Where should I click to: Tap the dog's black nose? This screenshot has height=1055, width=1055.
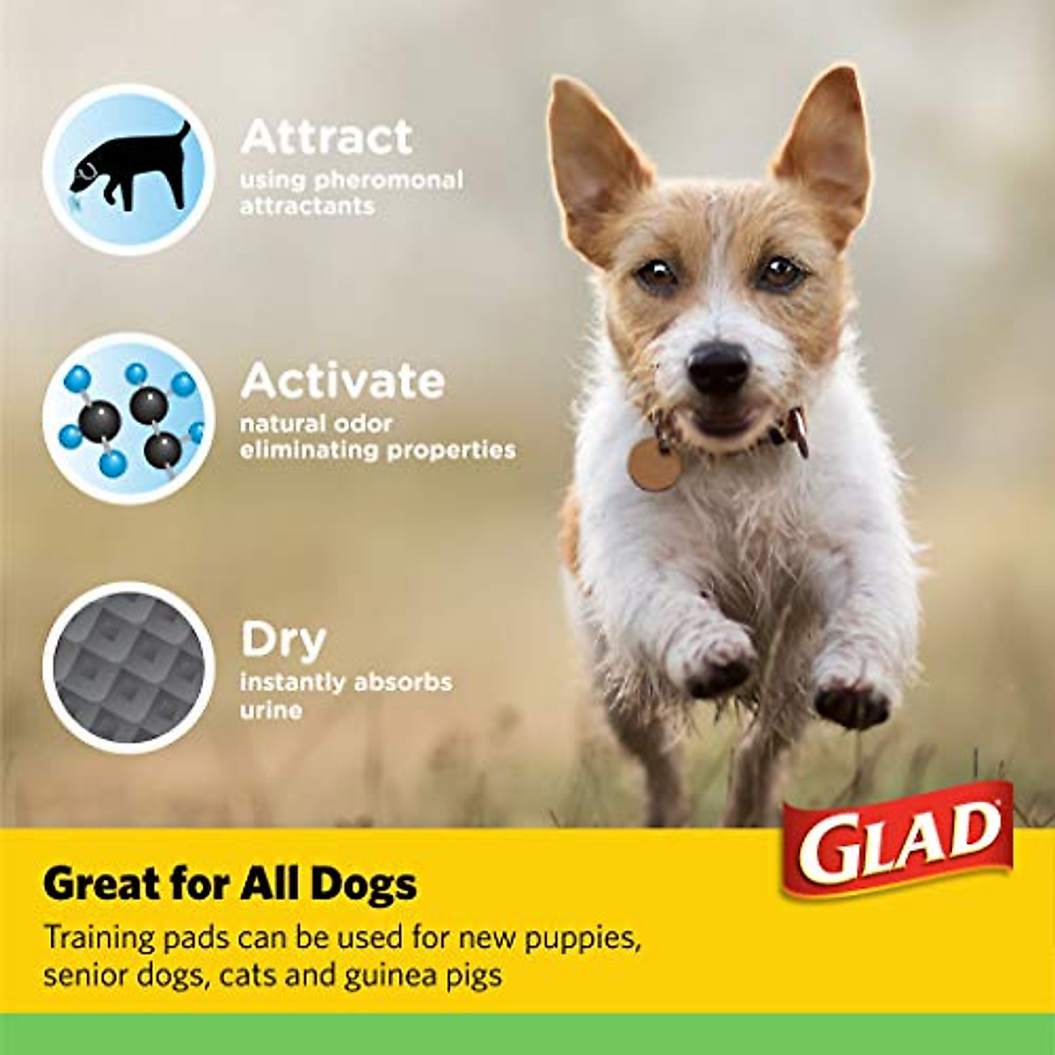click(718, 367)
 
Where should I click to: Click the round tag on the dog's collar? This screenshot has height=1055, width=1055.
click(653, 463)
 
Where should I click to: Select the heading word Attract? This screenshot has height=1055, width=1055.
click(326, 137)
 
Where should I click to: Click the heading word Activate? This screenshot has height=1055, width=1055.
click(343, 381)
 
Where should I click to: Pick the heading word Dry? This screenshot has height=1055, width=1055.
click(283, 640)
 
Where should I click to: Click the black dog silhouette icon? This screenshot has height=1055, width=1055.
click(130, 168)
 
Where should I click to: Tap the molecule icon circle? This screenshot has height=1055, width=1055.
click(129, 418)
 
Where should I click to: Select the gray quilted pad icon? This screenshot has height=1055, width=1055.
click(129, 666)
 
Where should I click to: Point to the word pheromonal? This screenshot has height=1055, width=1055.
click(389, 180)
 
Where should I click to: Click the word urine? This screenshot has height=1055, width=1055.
click(271, 709)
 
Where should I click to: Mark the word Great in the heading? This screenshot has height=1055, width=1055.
click(99, 884)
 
